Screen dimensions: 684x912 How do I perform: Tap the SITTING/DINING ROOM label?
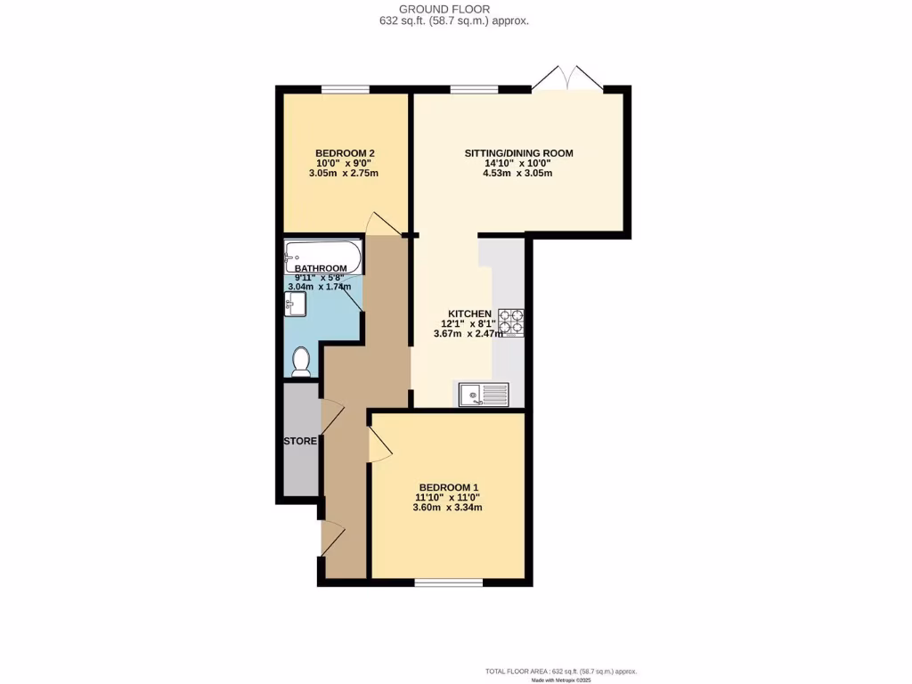tap(518, 153)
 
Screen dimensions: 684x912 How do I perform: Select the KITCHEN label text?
tap(469, 313)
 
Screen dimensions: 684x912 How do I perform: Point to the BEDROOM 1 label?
tap(449, 487)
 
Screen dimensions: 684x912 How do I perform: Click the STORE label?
tap(300, 442)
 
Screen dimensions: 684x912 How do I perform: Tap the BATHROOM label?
tap(321, 268)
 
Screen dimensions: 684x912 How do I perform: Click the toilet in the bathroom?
tap(302, 362)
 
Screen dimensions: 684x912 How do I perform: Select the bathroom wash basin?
tap(295, 305)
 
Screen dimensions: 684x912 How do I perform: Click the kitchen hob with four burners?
tap(512, 322)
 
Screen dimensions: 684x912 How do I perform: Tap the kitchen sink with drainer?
tap(484, 395)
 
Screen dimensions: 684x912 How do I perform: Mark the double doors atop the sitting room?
tap(567, 78)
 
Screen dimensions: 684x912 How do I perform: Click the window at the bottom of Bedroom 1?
tap(449, 583)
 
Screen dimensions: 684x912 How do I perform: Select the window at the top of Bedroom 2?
tap(346, 89)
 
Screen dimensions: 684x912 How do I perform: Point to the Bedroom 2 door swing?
tap(382, 224)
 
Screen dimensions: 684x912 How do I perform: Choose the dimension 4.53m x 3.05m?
tap(517, 174)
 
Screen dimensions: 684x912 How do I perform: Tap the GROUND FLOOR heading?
tap(456, 10)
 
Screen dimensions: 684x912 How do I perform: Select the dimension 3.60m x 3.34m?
tap(449, 508)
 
